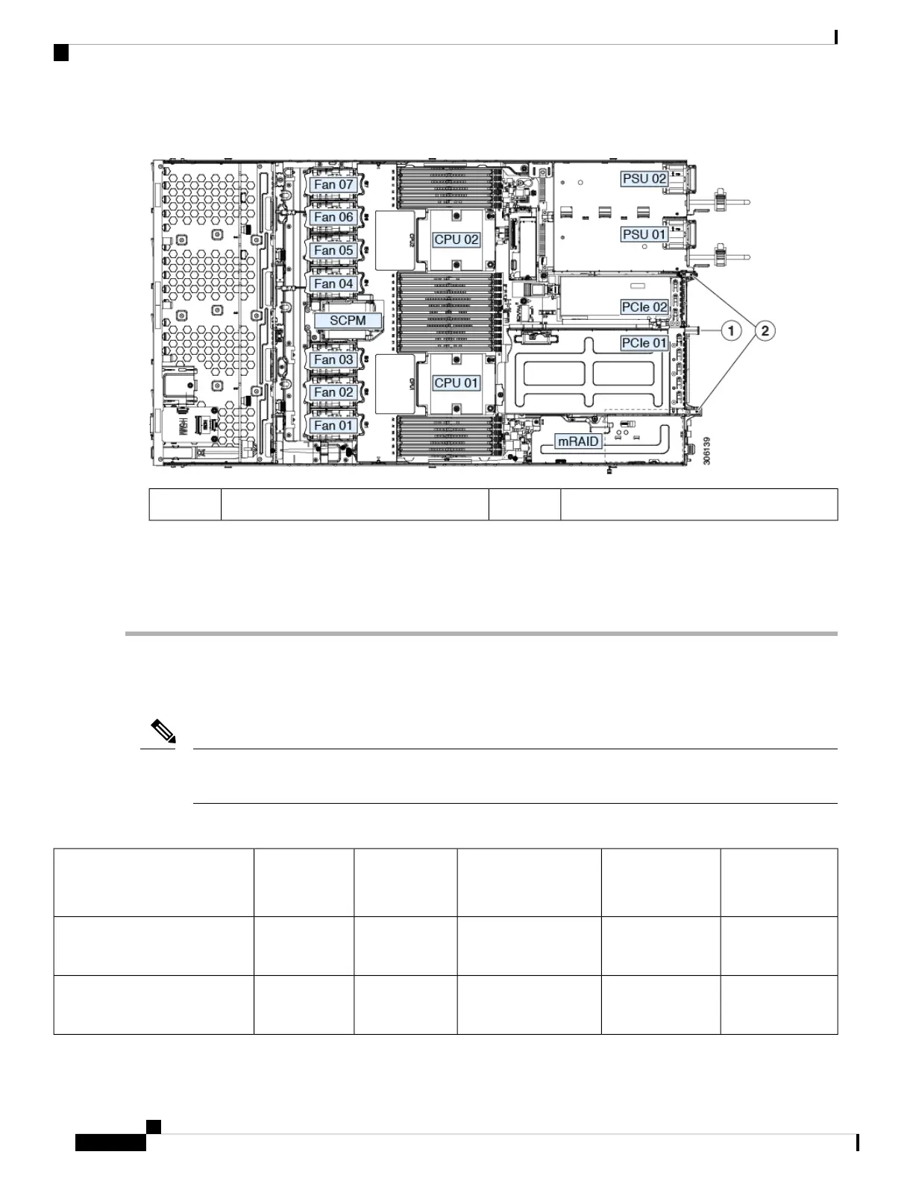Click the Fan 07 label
333,184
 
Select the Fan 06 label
333,217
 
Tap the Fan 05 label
333,251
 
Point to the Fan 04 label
333,284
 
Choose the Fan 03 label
333,359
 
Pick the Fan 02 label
333,392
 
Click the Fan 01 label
333,426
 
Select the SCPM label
348,321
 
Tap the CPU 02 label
456,239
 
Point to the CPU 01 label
456,382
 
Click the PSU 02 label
644,179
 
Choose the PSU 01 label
644,234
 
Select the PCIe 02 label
644,306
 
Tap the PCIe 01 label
644,343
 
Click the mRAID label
579,441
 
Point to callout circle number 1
733,330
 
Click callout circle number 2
765,330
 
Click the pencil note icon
163,731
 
